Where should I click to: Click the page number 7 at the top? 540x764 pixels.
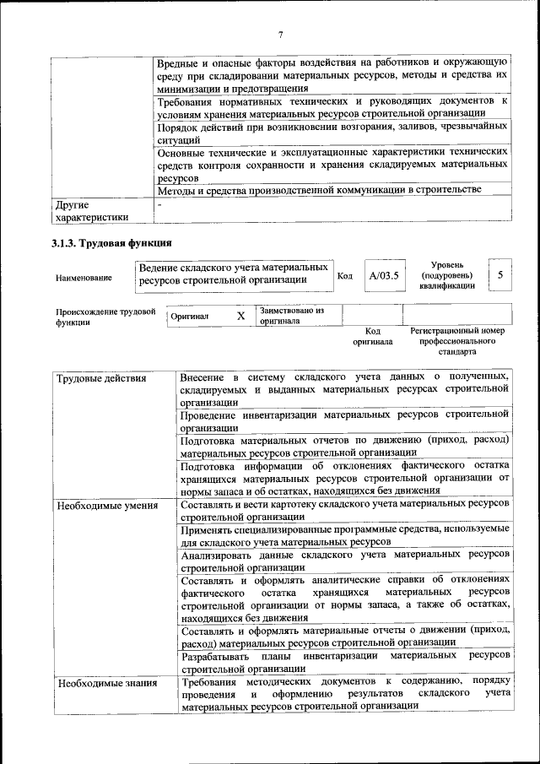point(281,35)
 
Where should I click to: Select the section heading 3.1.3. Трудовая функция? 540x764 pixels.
point(106,244)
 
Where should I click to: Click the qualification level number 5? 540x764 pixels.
point(500,275)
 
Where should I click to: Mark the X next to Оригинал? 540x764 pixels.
point(240,316)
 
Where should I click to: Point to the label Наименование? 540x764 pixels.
point(84,277)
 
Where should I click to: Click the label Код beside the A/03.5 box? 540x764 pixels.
point(345,276)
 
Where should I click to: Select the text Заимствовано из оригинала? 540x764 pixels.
point(291,316)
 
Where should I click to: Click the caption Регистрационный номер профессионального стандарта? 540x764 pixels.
point(456,341)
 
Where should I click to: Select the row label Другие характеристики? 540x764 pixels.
point(90,211)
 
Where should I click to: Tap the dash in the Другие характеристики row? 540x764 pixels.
point(159,204)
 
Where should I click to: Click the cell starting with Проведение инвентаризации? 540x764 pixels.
point(344,421)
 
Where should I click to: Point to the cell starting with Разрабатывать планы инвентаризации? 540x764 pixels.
point(344,662)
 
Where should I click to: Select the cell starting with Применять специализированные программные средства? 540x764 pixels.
point(344,534)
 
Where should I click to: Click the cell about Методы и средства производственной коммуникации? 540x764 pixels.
point(319,190)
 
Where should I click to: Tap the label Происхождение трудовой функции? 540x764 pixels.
point(105,317)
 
